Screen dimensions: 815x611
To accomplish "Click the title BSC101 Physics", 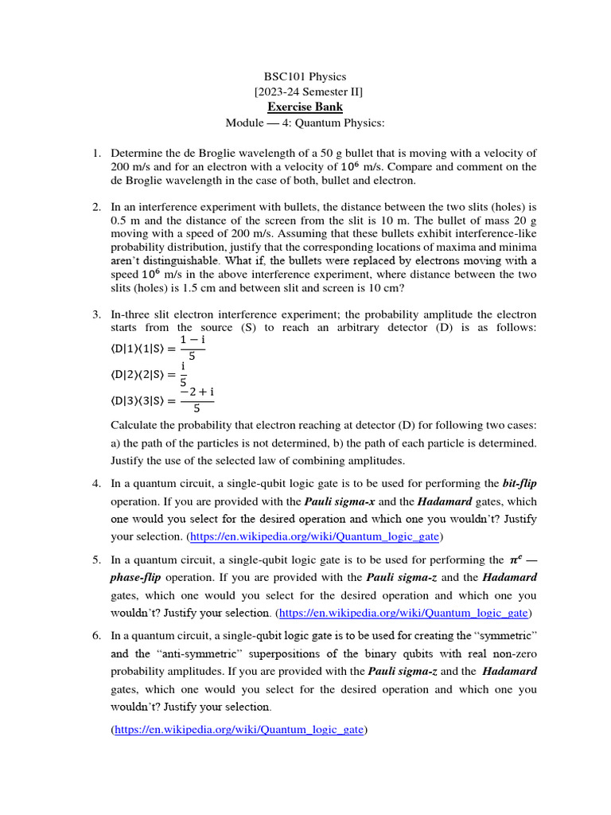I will coord(305,77).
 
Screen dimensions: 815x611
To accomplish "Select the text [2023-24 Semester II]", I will coord(305,92).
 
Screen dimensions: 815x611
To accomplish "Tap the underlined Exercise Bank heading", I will coord(305,107).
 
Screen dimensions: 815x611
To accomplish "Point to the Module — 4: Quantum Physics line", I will coord(305,123).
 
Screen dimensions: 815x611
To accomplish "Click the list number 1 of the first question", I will coord(95,153).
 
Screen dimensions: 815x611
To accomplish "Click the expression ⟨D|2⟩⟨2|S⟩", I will coord(140,374).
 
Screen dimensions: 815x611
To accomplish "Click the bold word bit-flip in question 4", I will coord(520,483).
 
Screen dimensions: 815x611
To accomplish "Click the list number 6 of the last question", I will coord(95,636).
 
